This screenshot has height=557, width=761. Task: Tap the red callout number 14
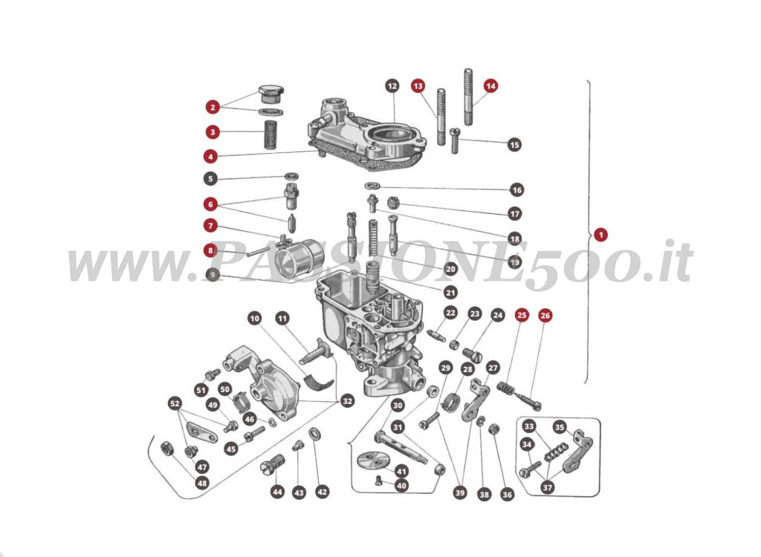(x=490, y=85)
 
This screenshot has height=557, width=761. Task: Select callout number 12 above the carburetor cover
(x=392, y=86)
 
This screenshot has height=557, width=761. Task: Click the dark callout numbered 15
(x=514, y=144)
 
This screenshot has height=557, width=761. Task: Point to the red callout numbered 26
(x=545, y=315)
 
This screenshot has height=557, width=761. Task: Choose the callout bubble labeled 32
(x=346, y=401)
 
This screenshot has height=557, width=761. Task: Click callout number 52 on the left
(x=175, y=403)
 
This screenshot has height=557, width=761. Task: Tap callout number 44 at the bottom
(x=277, y=492)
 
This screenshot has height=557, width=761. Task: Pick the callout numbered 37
(x=548, y=487)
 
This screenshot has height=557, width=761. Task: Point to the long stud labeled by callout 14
(x=470, y=97)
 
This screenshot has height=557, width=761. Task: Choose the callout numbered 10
(x=255, y=319)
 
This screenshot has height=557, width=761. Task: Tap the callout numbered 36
(x=508, y=494)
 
